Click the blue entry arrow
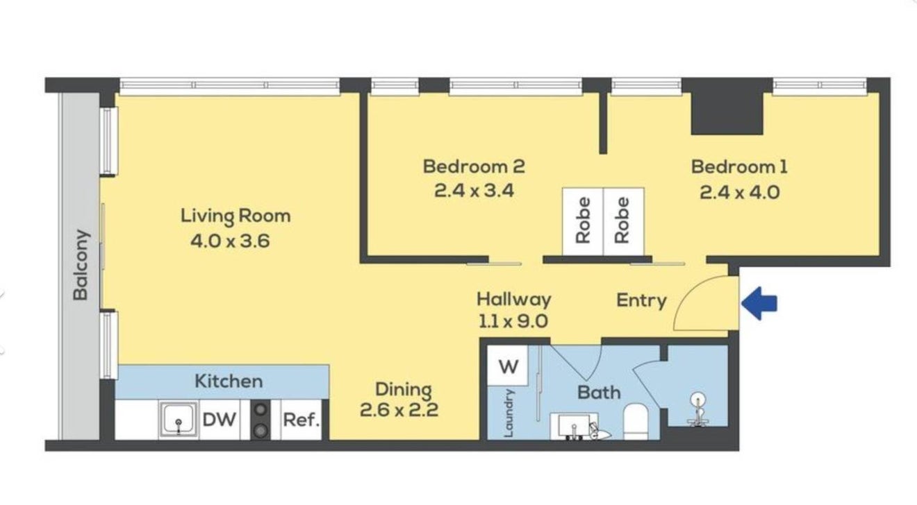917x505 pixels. click(759, 303)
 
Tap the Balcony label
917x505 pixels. click(81, 265)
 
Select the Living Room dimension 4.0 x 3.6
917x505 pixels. click(230, 241)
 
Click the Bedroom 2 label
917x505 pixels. click(474, 167)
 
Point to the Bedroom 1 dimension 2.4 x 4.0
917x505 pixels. click(739, 192)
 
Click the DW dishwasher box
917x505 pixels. click(220, 420)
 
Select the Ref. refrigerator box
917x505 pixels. click(301, 420)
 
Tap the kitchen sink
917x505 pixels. click(179, 419)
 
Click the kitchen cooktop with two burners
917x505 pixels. click(261, 420)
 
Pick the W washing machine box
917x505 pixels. click(508, 366)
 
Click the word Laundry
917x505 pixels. click(509, 413)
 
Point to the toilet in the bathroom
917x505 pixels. click(636, 422)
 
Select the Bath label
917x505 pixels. click(599, 393)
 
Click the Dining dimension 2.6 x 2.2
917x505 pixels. click(399, 410)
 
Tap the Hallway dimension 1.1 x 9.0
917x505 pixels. click(513, 321)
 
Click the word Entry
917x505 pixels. click(641, 300)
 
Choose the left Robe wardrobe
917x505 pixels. click(583, 221)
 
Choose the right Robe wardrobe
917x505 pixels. click(623, 221)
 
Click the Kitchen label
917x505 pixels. click(229, 381)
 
